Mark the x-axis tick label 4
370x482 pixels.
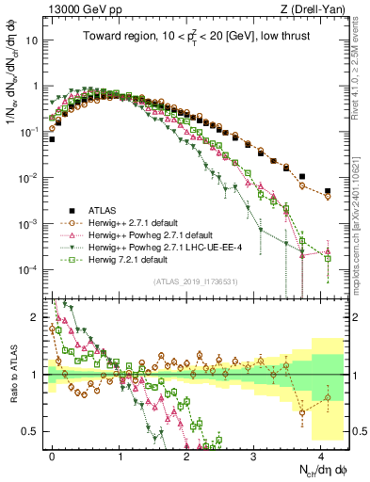tap(321, 454)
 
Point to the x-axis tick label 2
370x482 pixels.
tap(187, 454)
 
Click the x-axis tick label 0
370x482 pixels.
tap(53, 454)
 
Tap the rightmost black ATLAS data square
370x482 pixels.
tap(328, 190)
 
